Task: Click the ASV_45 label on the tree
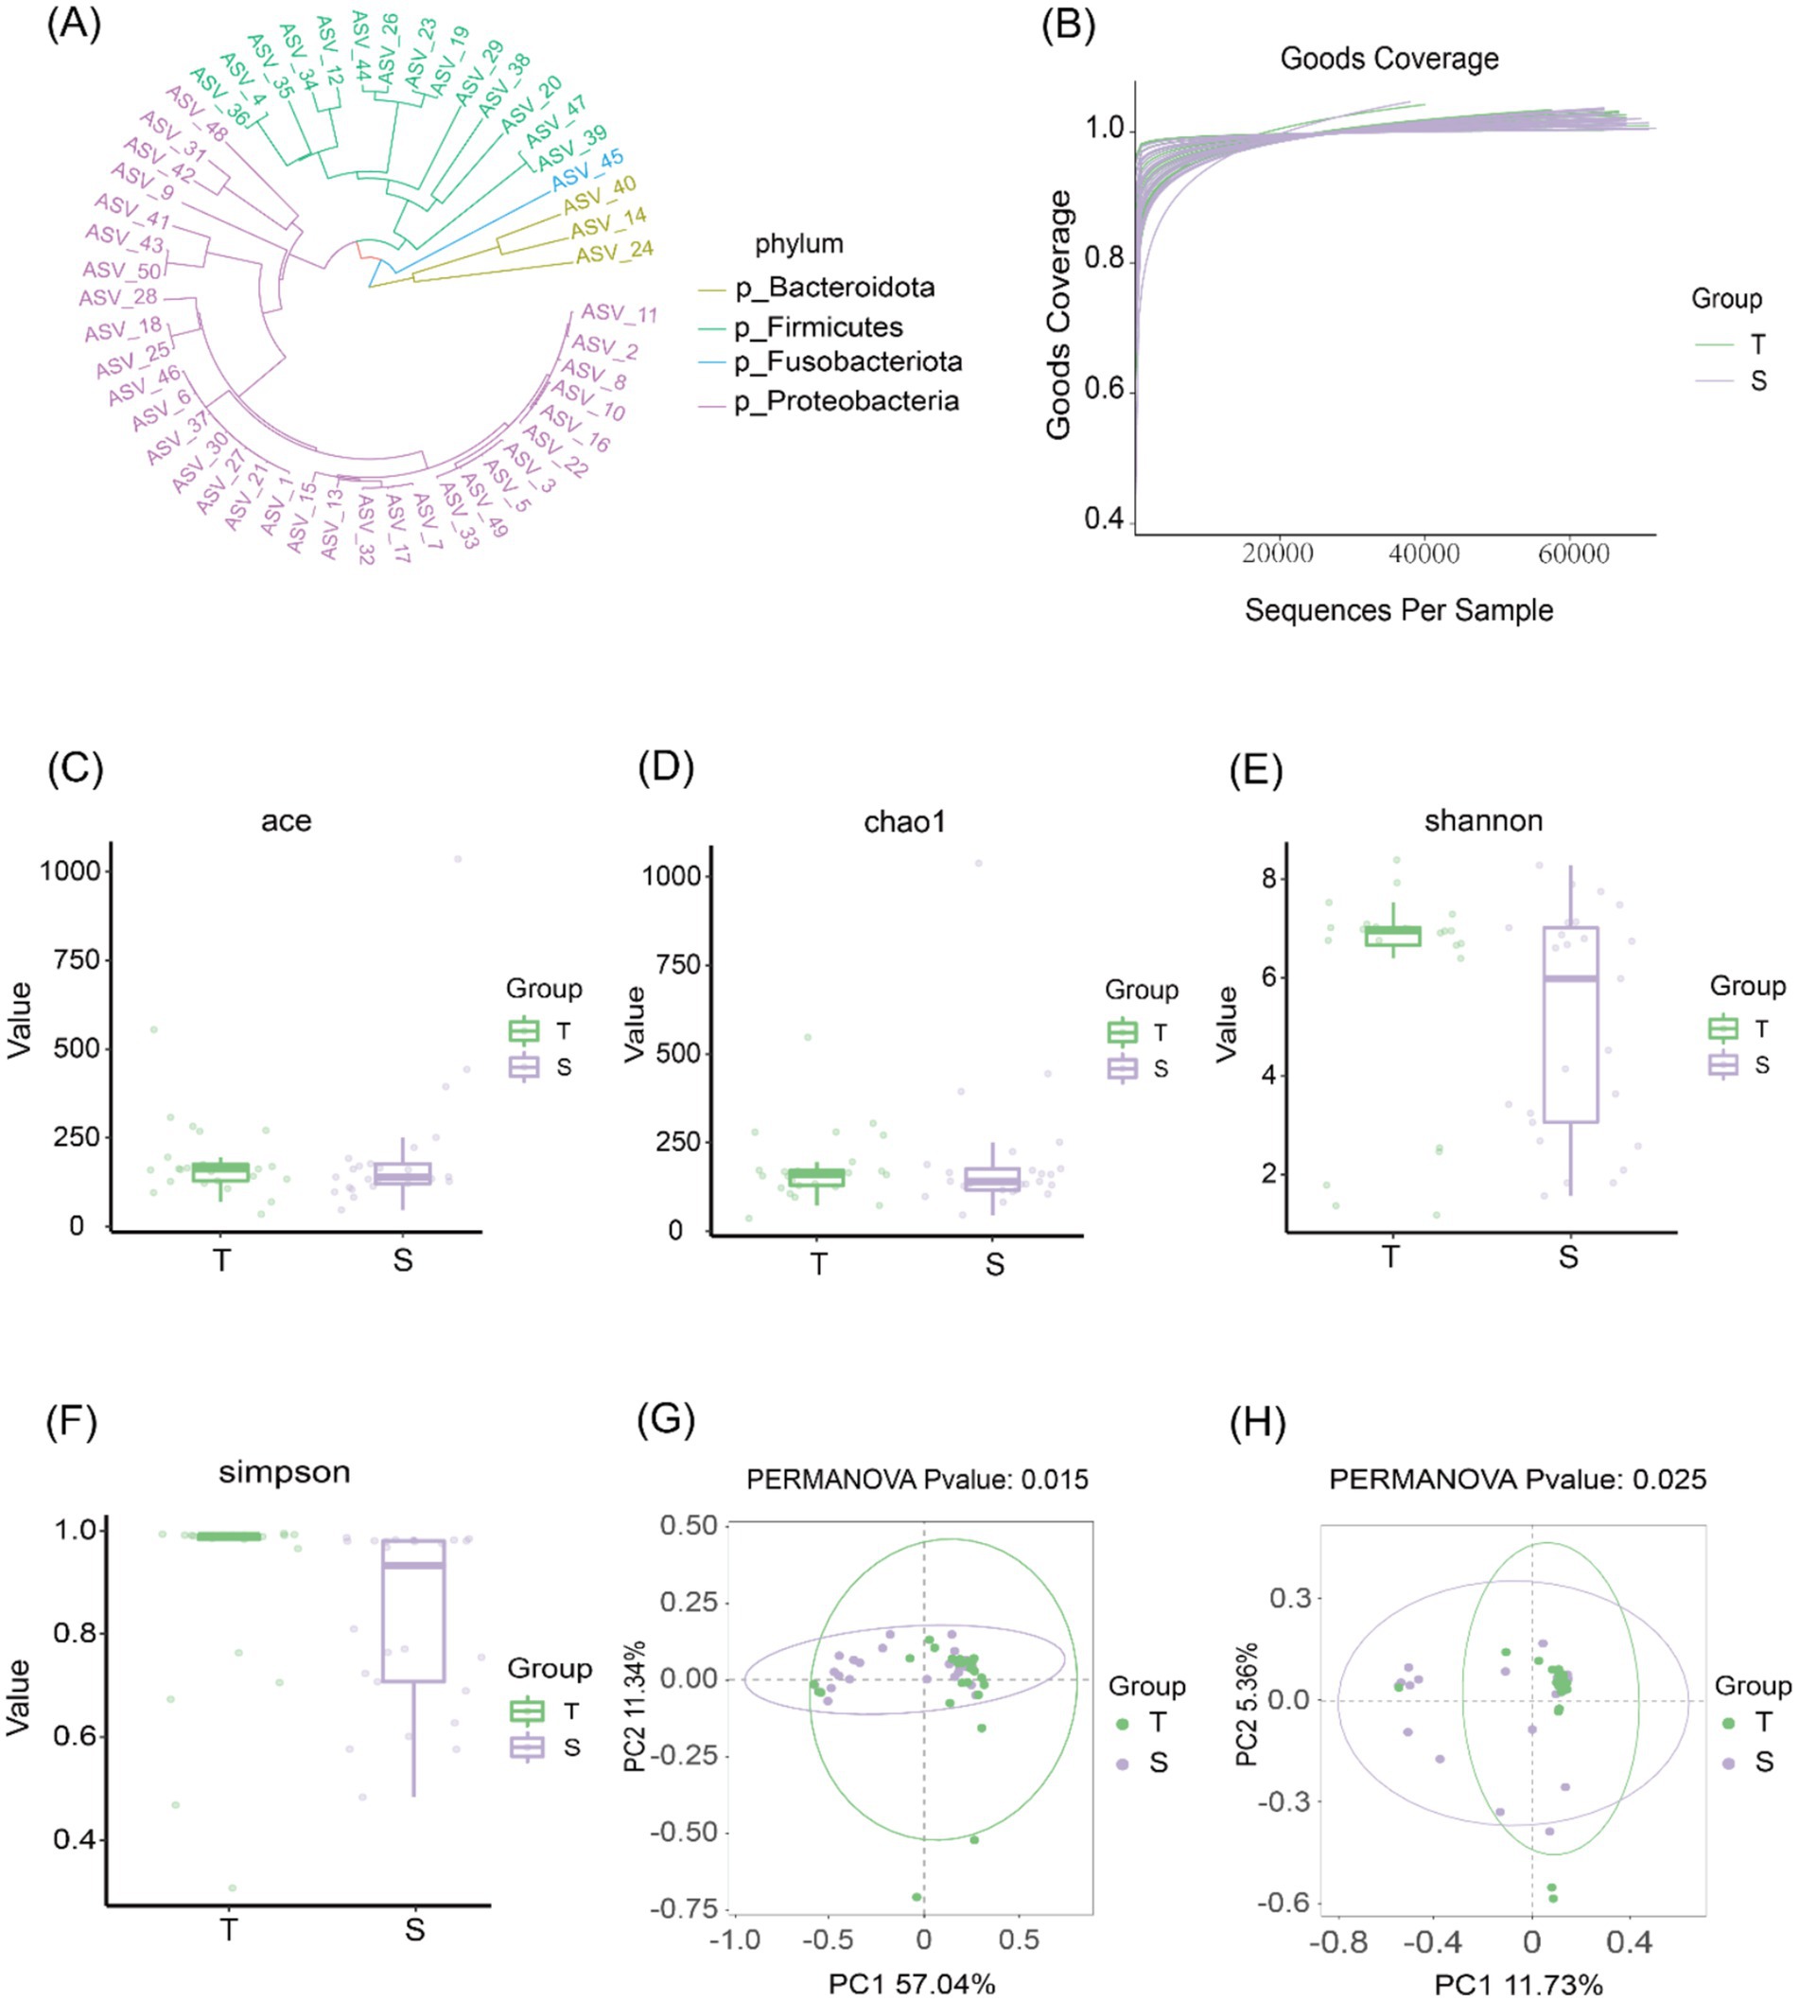click(x=587, y=169)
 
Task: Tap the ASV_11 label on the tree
click(x=619, y=313)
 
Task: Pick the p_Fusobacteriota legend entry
click(x=847, y=361)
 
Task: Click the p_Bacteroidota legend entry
click(x=834, y=288)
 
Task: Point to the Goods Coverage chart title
click(x=1389, y=60)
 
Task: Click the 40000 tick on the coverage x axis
click(x=1423, y=553)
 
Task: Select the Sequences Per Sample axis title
click(x=1398, y=610)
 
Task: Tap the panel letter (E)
click(x=1255, y=767)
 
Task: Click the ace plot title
click(x=286, y=820)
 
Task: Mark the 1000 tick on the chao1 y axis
click(x=672, y=876)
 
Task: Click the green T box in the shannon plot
click(x=1391, y=937)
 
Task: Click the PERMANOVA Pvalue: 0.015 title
click(x=917, y=1480)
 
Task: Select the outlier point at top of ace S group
click(x=458, y=859)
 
